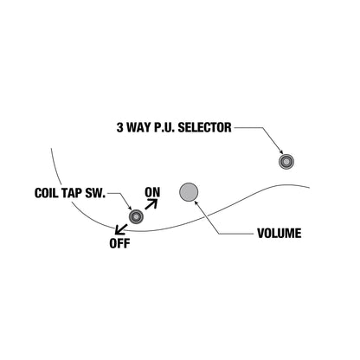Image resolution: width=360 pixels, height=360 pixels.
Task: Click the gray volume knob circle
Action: click(x=189, y=192)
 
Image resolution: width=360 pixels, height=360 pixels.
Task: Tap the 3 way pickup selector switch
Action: click(x=286, y=162)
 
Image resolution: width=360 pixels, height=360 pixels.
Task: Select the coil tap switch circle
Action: click(x=136, y=216)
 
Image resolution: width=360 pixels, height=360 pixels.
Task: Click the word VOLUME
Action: click(x=280, y=233)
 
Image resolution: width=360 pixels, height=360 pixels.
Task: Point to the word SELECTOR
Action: click(x=204, y=127)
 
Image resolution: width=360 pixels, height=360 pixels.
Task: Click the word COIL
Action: click(x=46, y=193)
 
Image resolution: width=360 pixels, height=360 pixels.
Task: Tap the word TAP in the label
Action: click(x=72, y=193)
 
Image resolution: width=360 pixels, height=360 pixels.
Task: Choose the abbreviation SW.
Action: click(x=95, y=193)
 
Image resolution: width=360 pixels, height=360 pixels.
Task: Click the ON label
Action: click(x=152, y=192)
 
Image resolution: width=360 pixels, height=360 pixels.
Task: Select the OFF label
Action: click(x=119, y=243)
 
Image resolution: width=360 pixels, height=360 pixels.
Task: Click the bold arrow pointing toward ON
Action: click(x=151, y=204)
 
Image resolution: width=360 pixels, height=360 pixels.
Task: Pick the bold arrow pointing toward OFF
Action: click(x=121, y=229)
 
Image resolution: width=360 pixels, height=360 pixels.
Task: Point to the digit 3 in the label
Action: click(x=119, y=127)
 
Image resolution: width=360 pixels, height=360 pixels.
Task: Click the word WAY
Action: click(x=138, y=127)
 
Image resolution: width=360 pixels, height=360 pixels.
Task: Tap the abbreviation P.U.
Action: click(x=164, y=127)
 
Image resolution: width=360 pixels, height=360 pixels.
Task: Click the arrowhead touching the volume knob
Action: click(x=196, y=202)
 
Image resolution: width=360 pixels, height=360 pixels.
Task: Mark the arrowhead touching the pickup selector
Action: click(x=281, y=152)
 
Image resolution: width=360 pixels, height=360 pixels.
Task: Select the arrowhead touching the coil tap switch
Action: click(x=130, y=208)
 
